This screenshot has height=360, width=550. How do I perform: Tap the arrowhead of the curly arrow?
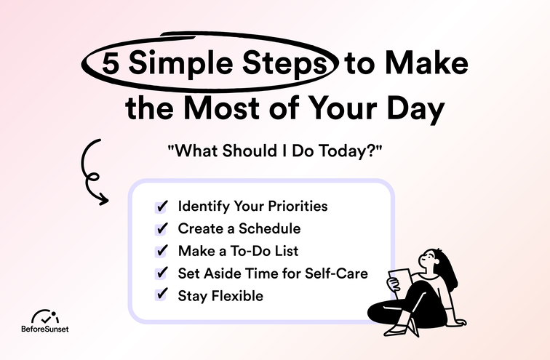coord(104,199)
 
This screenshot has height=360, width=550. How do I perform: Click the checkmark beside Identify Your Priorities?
coord(162,206)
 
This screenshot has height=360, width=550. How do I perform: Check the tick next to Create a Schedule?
coord(162,228)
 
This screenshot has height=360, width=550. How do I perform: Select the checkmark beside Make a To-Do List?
coord(162,251)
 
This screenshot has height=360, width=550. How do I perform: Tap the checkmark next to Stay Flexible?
coord(162,296)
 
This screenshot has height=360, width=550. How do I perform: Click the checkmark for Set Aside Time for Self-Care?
coord(162,273)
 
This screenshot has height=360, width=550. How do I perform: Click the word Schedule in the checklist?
coord(268,228)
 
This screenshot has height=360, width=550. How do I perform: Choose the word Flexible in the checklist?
coord(238,296)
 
